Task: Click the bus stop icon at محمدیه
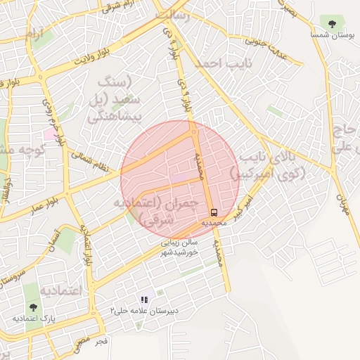[213, 212]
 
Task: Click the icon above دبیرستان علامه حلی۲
[145, 300]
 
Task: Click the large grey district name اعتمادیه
[60, 290]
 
